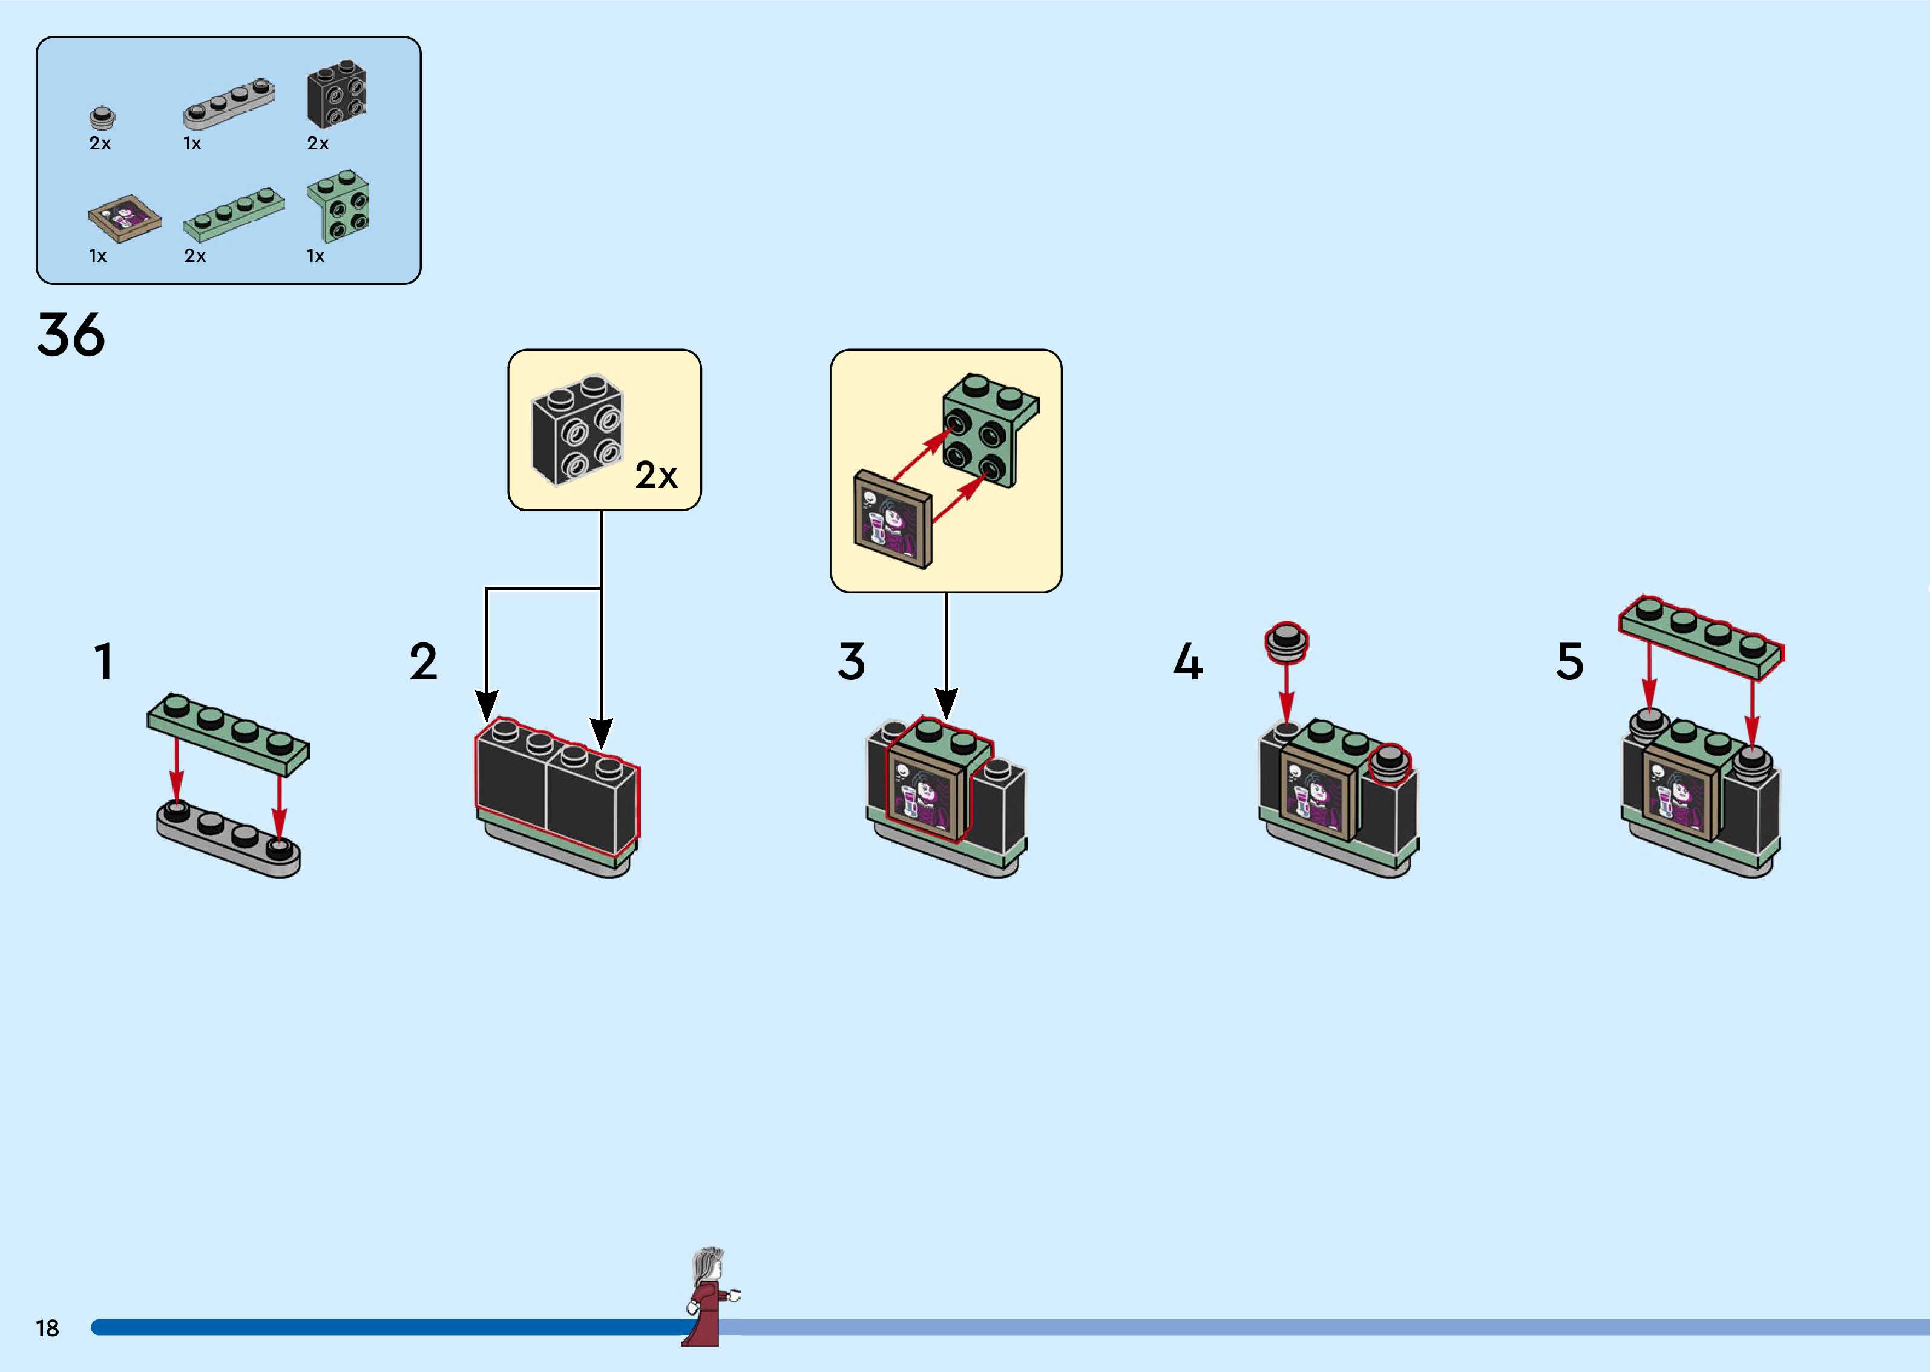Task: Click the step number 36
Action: (x=71, y=335)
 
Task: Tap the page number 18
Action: (x=47, y=1328)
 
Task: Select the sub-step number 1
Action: (x=103, y=662)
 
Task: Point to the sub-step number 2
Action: (x=424, y=662)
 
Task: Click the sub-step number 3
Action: (x=852, y=662)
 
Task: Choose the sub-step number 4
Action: (x=1188, y=662)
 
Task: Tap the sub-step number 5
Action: (x=1570, y=662)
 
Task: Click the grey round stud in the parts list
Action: (x=102, y=117)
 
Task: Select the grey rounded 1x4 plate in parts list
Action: (x=229, y=103)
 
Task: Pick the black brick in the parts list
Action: (x=336, y=94)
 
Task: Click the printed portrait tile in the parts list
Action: (x=125, y=218)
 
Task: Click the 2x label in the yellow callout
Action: (x=657, y=475)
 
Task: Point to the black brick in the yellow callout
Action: (x=578, y=431)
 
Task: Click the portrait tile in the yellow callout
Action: (x=893, y=518)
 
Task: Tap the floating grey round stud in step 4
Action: (x=1286, y=642)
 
